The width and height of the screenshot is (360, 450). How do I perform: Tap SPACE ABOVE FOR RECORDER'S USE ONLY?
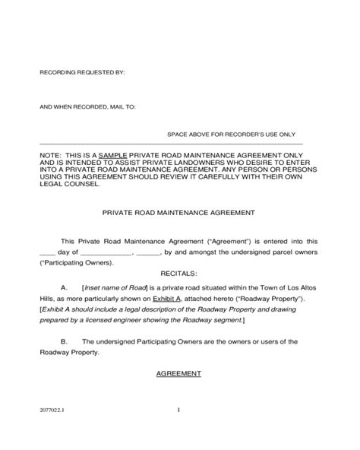click(x=232, y=134)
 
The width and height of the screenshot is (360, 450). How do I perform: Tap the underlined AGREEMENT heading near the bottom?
click(x=178, y=374)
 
